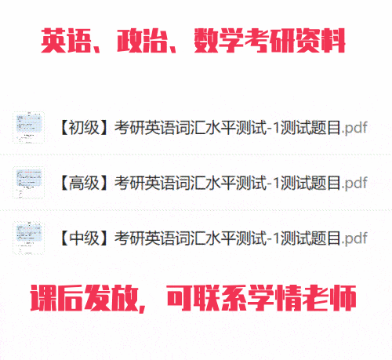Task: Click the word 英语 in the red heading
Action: click(x=66, y=41)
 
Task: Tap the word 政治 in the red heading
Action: click(x=142, y=41)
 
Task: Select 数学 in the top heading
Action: click(x=219, y=41)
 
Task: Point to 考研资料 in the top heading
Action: click(x=295, y=41)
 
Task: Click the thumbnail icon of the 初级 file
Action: click(x=29, y=128)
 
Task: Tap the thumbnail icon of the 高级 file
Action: click(x=29, y=183)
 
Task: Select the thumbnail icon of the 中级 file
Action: click(x=29, y=238)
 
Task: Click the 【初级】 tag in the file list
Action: click(x=84, y=128)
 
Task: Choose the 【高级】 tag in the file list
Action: click(x=84, y=183)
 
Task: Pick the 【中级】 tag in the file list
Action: click(x=84, y=238)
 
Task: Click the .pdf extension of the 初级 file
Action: click(x=354, y=128)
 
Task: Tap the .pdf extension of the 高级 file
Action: click(x=354, y=184)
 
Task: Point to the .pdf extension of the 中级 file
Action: click(x=354, y=238)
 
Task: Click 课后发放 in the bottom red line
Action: click(x=84, y=298)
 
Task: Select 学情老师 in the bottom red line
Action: click(x=303, y=298)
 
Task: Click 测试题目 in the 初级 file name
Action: click(x=310, y=128)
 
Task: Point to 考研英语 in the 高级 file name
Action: click(x=144, y=183)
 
